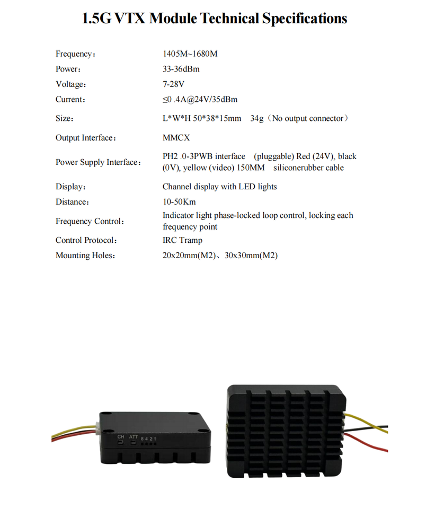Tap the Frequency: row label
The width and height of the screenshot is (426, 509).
pos(75,54)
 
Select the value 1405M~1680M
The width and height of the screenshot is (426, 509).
pos(190,54)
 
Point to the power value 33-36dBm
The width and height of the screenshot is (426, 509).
pos(181,69)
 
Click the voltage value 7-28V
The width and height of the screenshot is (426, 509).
pos(173,84)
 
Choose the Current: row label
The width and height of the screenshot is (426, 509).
pos(70,99)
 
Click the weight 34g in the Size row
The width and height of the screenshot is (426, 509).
pos(257,118)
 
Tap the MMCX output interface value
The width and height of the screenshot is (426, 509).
pos(176,137)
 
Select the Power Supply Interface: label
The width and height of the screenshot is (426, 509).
pos(98,162)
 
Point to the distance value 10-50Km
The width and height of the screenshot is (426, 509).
pos(180,201)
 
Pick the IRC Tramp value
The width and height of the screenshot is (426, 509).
pos(182,240)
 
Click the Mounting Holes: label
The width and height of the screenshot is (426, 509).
pos(85,256)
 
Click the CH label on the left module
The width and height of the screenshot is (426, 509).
pos(121,436)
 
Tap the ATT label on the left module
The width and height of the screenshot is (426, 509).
pos(134,436)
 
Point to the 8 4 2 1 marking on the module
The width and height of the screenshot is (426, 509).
pos(148,438)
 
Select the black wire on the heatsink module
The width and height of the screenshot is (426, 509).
pos(371,426)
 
